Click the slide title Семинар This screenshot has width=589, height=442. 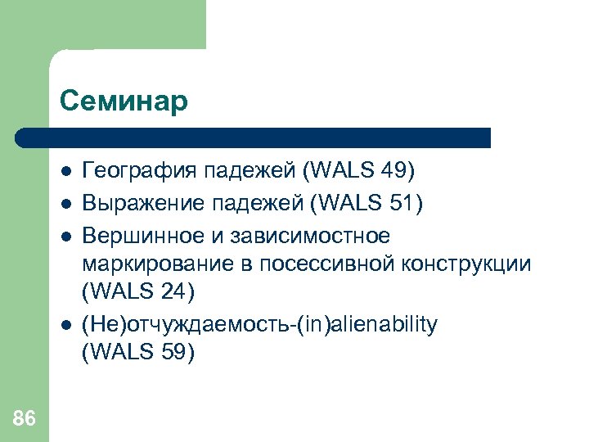(x=124, y=101)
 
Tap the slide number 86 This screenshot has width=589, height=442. (x=25, y=419)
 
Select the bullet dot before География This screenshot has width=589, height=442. (x=65, y=172)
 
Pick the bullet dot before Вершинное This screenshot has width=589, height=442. (x=65, y=236)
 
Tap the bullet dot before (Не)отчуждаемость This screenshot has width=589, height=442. (x=65, y=325)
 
